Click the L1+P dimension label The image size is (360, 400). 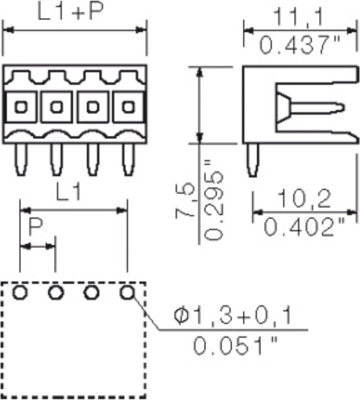[x=68, y=15]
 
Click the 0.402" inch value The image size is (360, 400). [x=300, y=229]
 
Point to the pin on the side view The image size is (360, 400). [x=254, y=157]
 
